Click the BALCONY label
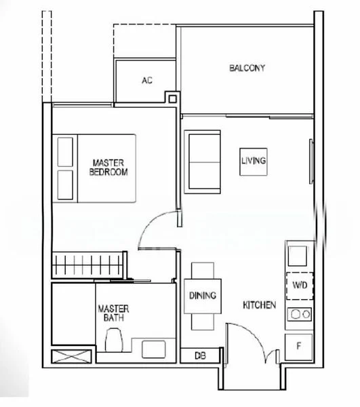[x=247, y=68]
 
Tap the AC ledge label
[x=147, y=81]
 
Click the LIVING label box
[x=253, y=161]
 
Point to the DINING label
[x=203, y=296]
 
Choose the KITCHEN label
[x=259, y=305]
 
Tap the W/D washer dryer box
[x=299, y=286]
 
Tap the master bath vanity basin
[x=155, y=349]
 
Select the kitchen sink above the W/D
[x=298, y=256]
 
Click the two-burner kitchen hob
[x=298, y=314]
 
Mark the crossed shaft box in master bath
[x=71, y=355]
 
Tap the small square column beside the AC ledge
[x=172, y=98]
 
